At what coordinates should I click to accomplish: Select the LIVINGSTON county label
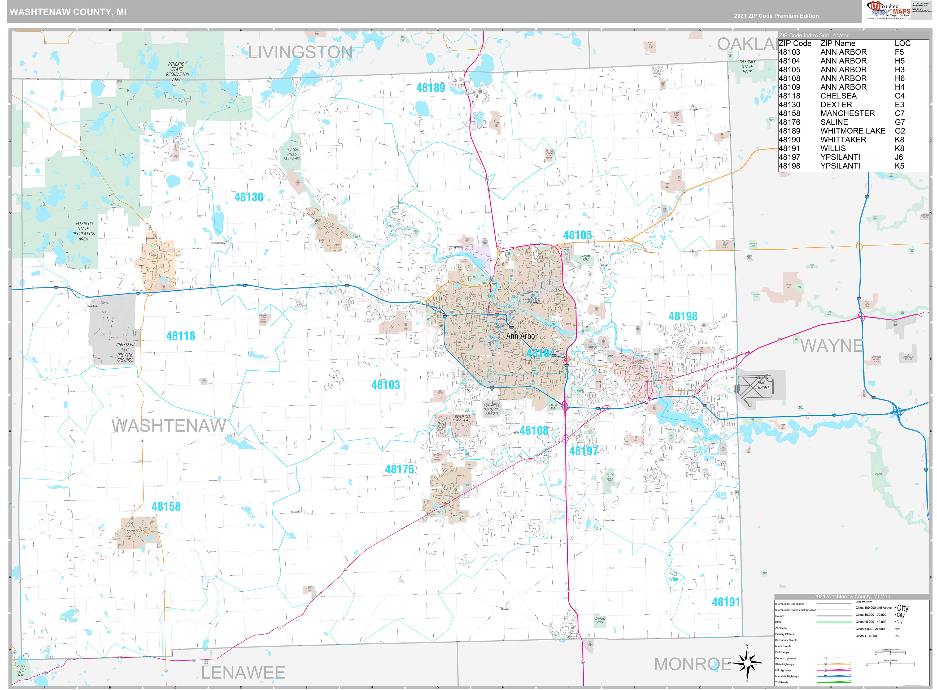[300, 53]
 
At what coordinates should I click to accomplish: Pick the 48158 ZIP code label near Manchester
[166, 507]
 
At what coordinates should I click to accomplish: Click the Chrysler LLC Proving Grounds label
[125, 352]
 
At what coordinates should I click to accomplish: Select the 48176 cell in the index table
[789, 122]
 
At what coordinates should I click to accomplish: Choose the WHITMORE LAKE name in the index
[853, 131]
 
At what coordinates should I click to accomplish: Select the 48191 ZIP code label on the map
[725, 602]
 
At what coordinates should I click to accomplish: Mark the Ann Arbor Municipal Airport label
[492, 409]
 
